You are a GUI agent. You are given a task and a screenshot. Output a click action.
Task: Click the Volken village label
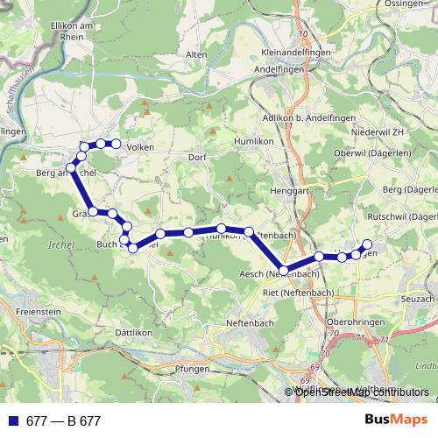pyautogui.click(x=141, y=147)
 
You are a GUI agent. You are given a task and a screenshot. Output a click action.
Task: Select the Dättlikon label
pyautogui.click(x=134, y=333)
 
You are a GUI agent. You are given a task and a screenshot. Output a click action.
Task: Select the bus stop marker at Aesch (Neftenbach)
pyautogui.click(x=283, y=270)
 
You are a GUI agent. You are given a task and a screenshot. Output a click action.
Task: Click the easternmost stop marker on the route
pyautogui.click(x=367, y=244)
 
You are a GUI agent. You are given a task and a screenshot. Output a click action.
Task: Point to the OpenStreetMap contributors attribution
pyautogui.click(x=359, y=392)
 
